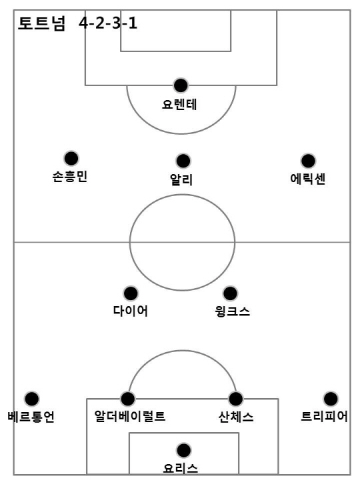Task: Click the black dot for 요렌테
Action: pos(181,85)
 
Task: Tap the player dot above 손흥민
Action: pos(71,158)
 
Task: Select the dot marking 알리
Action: pos(183,161)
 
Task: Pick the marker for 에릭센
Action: pos(308,161)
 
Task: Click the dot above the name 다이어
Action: pos(131,293)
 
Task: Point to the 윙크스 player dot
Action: pos(230,293)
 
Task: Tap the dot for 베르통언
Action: pos(32,399)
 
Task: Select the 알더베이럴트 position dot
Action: pos(127,399)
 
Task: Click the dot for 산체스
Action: pos(235,399)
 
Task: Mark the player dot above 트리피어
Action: pos(330,399)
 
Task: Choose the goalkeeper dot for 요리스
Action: pos(183,450)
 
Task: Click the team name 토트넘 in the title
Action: pos(41,23)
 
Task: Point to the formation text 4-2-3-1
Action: pos(108,23)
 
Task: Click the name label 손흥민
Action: pos(70,177)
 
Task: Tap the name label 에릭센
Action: pos(307,179)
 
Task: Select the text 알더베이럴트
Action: pos(130,416)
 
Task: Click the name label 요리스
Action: pos(180,469)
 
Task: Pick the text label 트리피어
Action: pos(325,416)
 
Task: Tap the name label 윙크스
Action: pos(233,311)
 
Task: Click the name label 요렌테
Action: pos(179,105)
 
